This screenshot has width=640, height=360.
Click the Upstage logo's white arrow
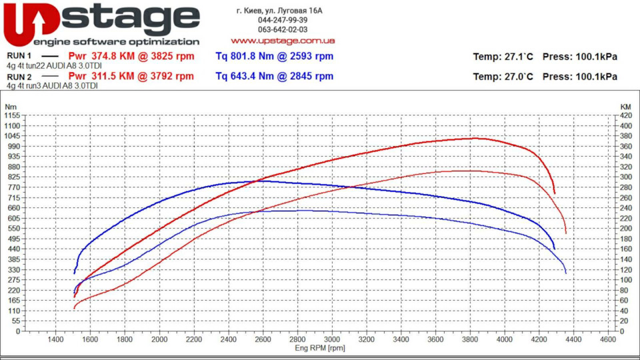38,23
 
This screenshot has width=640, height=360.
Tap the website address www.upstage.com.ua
283,41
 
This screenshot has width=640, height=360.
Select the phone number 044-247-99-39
283,20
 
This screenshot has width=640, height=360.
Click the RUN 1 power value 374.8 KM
113,56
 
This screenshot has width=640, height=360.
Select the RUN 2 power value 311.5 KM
113,76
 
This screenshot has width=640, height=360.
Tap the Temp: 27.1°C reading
503,57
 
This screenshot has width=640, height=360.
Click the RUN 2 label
19,77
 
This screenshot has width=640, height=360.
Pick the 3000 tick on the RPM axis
332,339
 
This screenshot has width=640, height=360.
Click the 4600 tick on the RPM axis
608,339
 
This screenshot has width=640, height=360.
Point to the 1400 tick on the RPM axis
55,339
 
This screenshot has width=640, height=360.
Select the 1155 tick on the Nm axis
12,115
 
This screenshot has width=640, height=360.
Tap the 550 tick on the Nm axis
14,229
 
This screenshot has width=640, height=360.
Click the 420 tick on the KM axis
626,115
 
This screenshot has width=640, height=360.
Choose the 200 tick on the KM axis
626,229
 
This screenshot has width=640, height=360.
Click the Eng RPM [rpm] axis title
320,348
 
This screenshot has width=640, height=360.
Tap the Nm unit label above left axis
11,107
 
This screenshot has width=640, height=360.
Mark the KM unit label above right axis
626,107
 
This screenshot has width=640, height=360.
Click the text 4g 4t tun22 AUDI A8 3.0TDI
54,66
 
